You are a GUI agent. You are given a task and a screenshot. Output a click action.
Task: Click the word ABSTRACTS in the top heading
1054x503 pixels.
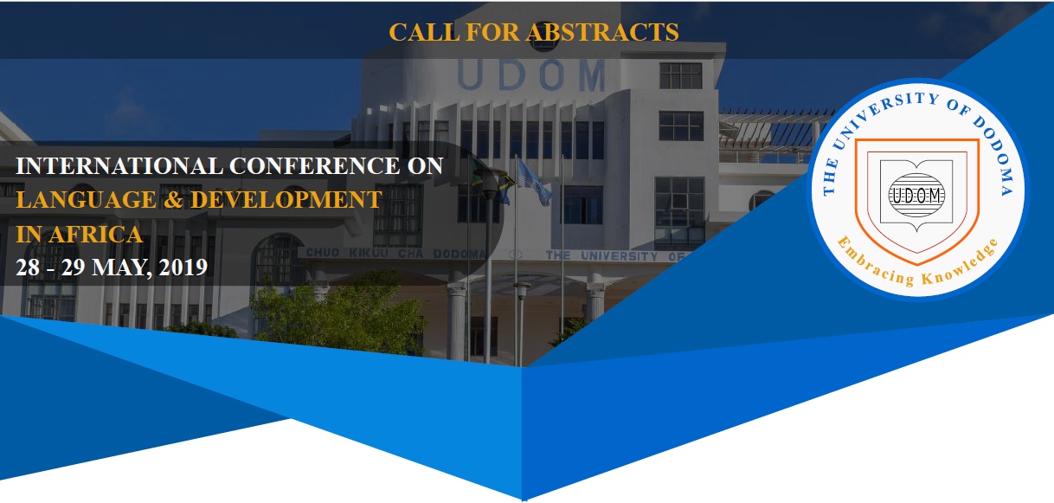coord(603,33)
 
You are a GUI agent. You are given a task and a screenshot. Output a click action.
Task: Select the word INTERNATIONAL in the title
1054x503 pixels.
coord(119,166)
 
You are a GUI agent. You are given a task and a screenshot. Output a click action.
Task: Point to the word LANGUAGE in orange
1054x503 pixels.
coord(87,199)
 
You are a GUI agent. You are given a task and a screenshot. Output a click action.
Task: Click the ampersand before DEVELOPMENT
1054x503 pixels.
coord(174,199)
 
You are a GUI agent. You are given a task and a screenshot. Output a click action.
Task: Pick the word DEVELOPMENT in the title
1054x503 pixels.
coord(286,199)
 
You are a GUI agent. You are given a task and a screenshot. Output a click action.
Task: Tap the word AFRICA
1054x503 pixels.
coord(95,235)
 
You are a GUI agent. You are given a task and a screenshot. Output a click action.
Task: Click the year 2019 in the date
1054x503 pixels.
coord(183,268)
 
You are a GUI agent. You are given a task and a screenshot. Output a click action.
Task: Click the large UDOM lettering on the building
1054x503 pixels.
coord(530,75)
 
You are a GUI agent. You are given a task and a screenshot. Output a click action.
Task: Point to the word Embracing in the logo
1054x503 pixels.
coord(874,262)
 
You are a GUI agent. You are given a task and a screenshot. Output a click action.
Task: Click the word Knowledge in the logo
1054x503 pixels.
coord(961,263)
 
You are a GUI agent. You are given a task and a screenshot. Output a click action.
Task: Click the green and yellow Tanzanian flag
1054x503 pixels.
coord(492,181)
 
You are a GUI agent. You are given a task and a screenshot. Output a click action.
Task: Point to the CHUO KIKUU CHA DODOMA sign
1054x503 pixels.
coord(395,253)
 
